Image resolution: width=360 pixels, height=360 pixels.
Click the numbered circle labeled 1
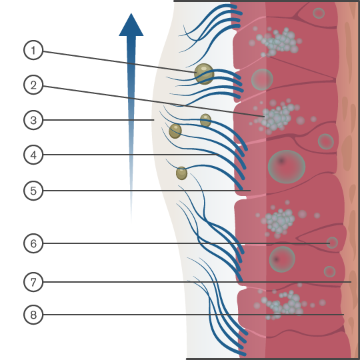[x=33, y=51]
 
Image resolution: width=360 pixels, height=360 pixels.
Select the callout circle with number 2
[x=33, y=85]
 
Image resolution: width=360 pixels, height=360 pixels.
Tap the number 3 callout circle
[x=33, y=121]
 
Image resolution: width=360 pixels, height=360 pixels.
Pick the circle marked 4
[x=33, y=155]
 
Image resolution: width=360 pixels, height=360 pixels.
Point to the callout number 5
[x=33, y=191]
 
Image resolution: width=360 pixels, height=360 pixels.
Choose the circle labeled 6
[x=33, y=243]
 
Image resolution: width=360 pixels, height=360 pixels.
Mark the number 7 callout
[x=33, y=282]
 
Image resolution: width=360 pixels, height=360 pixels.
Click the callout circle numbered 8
[x=33, y=314]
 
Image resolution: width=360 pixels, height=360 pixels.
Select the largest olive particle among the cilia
[x=204, y=73]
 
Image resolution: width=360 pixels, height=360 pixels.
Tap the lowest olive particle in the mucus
[x=181, y=173]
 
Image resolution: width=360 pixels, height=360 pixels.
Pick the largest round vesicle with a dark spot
[x=286, y=166]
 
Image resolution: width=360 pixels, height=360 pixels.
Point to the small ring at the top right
[x=319, y=13]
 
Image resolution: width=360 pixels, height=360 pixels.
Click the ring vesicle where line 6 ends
[x=332, y=243]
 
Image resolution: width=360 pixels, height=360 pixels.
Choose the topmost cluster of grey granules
[x=277, y=41]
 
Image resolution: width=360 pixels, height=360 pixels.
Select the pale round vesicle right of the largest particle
[x=262, y=79]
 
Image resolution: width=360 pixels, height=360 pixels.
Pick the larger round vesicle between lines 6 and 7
[x=283, y=259]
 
